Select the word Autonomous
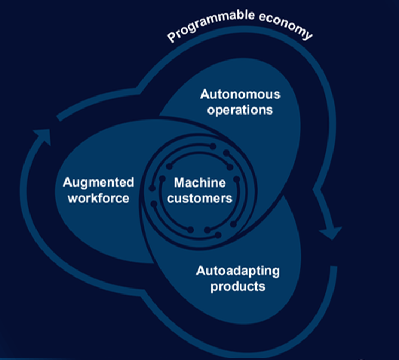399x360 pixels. (240, 94)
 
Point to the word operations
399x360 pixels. (240, 109)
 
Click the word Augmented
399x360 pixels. (98, 182)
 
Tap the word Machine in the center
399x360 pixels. (196, 183)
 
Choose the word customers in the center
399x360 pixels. (199, 198)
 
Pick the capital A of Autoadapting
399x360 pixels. (200, 271)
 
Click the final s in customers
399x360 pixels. (229, 198)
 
